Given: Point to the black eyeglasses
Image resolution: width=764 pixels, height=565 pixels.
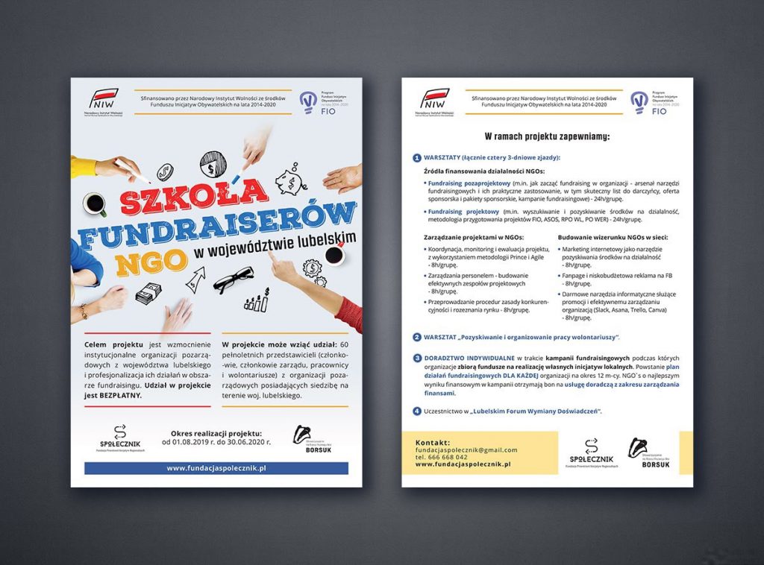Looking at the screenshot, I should [x=234, y=282].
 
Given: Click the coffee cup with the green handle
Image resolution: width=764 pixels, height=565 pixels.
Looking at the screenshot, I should [x=94, y=203].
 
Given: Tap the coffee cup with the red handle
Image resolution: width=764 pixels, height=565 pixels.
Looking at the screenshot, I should [x=334, y=254].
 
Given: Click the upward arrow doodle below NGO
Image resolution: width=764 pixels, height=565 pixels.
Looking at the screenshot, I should [x=195, y=280].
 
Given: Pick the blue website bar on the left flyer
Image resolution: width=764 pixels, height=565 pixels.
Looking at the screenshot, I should [x=216, y=468].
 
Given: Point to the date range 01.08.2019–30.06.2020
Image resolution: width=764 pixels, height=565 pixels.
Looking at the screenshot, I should [x=216, y=442].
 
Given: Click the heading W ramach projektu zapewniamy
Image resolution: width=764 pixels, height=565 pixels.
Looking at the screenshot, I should [x=547, y=136].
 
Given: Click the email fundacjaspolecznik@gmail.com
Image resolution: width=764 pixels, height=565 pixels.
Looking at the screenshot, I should [x=466, y=449].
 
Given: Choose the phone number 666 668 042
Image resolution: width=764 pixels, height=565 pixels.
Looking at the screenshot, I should [x=450, y=457].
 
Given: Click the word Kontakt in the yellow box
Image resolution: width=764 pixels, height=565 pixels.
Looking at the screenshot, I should [x=433, y=442].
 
